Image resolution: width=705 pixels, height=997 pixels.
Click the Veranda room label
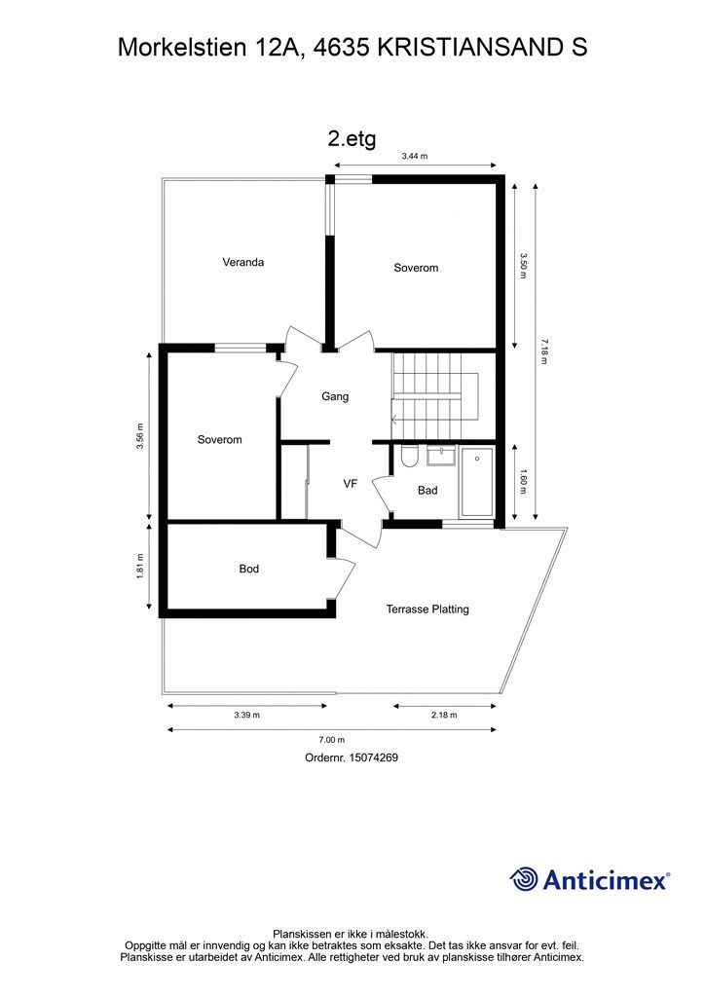coord(242,262)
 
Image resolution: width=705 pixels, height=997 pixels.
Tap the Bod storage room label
coord(249,569)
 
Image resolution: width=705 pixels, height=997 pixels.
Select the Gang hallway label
coord(335,396)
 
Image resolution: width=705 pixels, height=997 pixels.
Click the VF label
coord(351,483)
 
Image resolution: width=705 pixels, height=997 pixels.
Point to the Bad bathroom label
coord(427,491)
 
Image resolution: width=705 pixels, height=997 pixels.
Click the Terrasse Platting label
coord(427,609)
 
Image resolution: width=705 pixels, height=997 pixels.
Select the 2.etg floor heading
coord(352,138)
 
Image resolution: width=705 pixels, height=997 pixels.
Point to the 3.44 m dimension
coord(415,156)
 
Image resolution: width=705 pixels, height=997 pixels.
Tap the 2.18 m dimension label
coord(444,716)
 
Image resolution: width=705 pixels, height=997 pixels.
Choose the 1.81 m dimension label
coord(140,569)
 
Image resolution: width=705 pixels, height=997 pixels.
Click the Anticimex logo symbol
coord(525,880)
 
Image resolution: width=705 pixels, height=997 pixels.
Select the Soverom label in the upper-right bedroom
coord(416,268)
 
